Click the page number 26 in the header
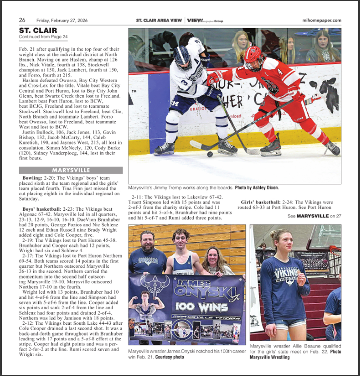click(22, 20)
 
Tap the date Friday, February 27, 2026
click(62, 20)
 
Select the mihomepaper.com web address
click(322, 20)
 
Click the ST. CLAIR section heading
click(38, 30)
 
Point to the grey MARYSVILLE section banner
click(71, 170)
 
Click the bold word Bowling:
click(32, 178)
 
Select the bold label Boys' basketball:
click(42, 209)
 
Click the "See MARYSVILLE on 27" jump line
click(314, 216)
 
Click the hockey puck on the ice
click(210, 154)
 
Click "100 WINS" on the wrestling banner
click(202, 307)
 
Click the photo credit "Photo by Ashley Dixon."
click(257, 188)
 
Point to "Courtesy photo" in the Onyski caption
click(169, 357)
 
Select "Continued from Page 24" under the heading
click(43, 37)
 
